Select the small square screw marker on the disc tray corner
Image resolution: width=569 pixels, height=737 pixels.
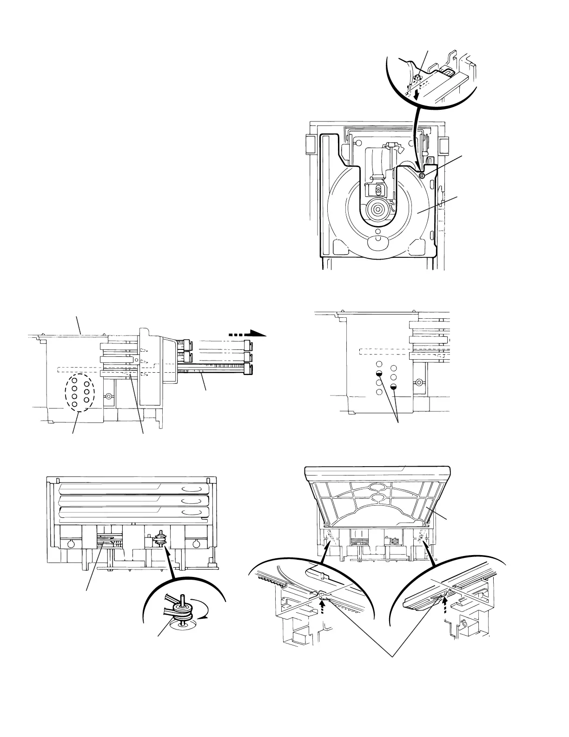(422, 175)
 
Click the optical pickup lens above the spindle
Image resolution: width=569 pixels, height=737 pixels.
(378, 190)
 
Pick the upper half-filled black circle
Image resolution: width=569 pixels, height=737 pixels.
(379, 374)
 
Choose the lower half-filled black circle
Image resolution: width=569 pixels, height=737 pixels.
(394, 387)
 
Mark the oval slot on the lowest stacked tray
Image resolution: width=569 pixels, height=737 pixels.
(192, 512)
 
